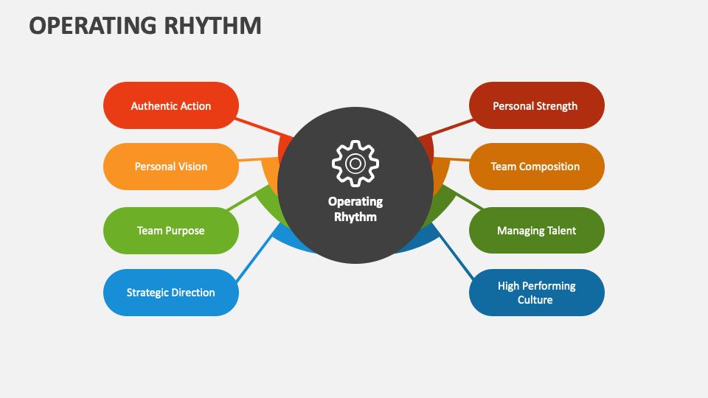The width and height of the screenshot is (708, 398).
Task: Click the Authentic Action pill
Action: click(170, 105)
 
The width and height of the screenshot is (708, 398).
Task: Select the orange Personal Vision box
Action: click(170, 167)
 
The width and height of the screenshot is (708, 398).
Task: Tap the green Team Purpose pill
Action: click(170, 231)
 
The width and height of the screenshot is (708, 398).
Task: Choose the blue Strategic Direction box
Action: click(170, 293)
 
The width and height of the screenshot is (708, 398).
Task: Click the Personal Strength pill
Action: click(536, 105)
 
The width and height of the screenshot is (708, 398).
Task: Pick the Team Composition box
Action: click(536, 167)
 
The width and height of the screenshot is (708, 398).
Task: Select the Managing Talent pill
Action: click(536, 231)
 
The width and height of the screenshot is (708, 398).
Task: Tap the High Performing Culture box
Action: click(536, 293)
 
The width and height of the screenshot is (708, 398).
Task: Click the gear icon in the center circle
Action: click(355, 164)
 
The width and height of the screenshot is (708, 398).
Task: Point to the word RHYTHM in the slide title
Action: click(212, 25)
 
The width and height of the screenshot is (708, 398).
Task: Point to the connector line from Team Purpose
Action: click(243, 199)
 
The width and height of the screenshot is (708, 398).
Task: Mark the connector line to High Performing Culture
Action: click(454, 252)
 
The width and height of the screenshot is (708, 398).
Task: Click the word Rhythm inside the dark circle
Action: click(355, 217)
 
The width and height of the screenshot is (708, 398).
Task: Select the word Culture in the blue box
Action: click(535, 300)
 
